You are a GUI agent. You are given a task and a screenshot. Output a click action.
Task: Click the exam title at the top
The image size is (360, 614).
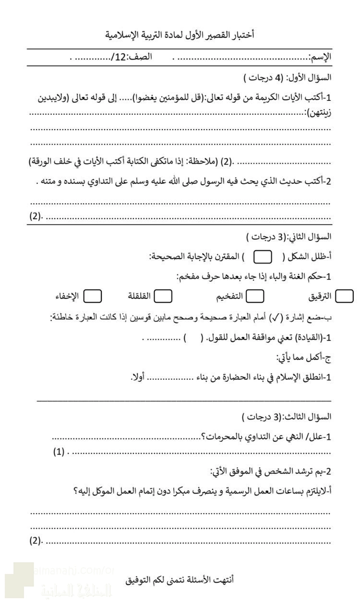tap(180, 34)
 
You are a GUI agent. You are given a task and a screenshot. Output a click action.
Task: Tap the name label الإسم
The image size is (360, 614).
tap(320, 57)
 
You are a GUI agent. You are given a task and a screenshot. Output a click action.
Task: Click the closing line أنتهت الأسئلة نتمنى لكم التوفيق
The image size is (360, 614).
tap(180, 579)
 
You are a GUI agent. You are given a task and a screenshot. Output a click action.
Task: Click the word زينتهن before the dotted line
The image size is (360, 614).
tap(319, 113)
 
